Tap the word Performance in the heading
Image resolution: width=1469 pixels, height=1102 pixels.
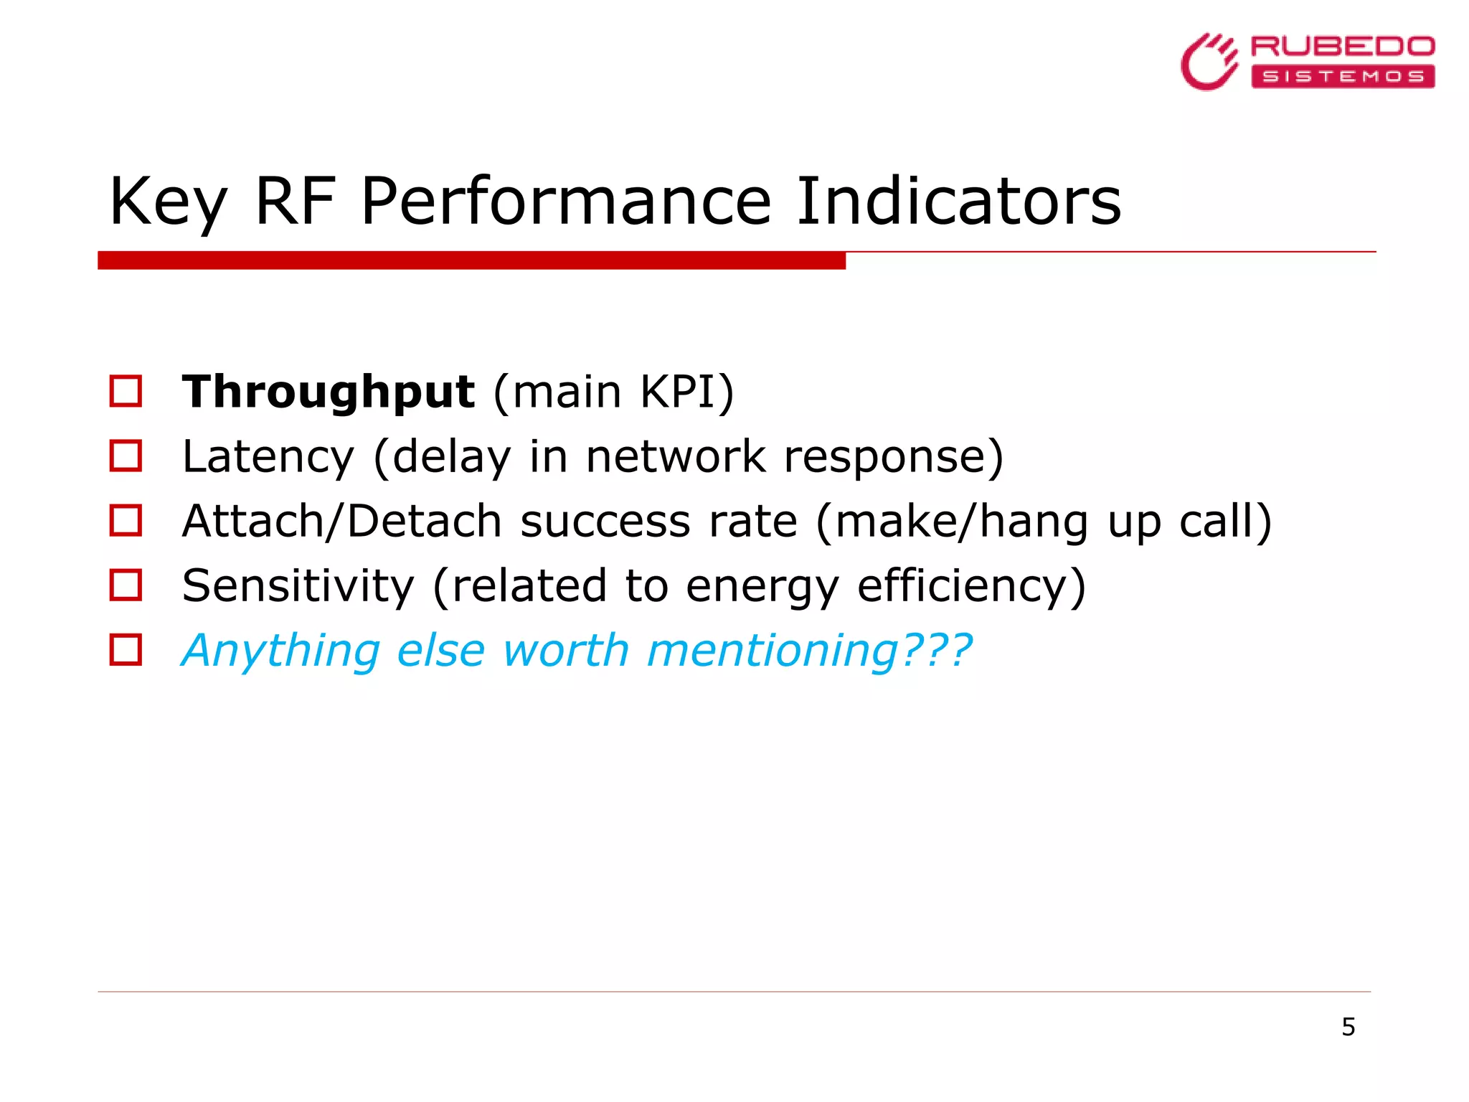click(565, 202)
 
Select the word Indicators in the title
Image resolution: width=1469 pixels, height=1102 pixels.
click(958, 202)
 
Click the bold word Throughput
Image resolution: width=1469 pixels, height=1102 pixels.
click(328, 392)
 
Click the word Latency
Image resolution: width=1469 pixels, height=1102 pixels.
click(268, 457)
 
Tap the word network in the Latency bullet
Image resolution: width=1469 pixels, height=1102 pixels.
click(676, 457)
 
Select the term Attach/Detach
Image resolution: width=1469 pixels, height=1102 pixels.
click(341, 522)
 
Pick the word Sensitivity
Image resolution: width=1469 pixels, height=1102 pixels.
click(298, 586)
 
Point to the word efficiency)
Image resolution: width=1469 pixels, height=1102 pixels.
click(971, 586)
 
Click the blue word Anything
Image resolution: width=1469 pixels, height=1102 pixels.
click(280, 651)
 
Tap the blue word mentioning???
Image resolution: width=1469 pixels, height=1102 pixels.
click(809, 651)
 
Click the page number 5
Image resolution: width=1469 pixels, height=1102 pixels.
click(1348, 1027)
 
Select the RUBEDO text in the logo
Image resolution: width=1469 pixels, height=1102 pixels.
click(1342, 47)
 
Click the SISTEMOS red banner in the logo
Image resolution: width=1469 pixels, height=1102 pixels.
click(1342, 76)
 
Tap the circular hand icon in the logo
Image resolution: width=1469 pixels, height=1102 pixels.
click(1209, 62)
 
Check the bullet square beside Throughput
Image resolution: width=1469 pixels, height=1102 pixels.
click(126, 391)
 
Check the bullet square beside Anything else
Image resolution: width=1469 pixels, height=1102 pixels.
click(126, 649)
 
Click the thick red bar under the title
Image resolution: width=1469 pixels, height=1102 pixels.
click(471, 260)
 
